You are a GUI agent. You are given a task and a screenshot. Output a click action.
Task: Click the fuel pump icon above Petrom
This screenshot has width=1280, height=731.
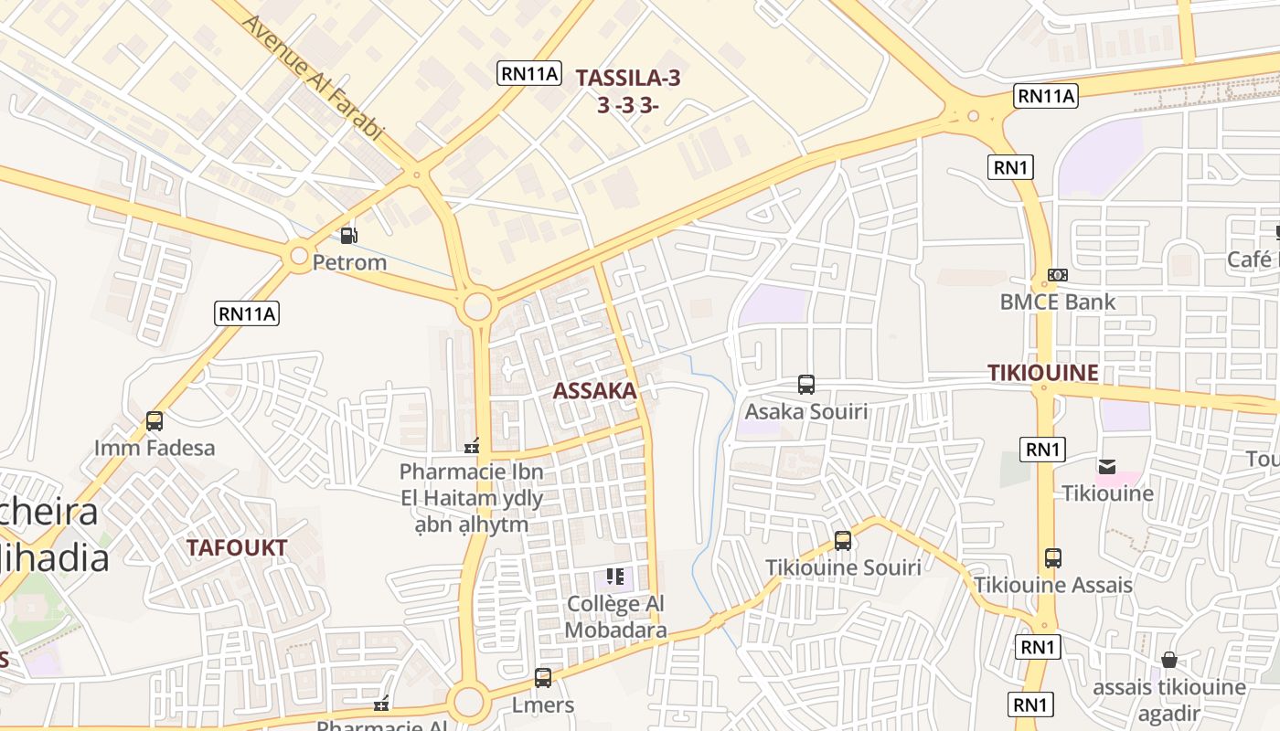348,236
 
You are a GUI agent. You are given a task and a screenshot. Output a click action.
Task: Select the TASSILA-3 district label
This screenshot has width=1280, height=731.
628,79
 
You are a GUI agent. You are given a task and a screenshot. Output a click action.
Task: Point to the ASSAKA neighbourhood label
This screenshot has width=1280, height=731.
594,391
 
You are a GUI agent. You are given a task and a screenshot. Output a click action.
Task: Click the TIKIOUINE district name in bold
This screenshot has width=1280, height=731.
1042,373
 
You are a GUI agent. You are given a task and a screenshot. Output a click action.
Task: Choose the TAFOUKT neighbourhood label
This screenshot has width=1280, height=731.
237,548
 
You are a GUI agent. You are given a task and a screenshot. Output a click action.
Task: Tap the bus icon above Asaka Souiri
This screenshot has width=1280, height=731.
805,385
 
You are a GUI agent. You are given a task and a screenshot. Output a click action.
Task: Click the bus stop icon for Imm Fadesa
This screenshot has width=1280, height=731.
155,421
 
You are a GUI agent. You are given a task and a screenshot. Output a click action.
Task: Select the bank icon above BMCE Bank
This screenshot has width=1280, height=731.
1057,275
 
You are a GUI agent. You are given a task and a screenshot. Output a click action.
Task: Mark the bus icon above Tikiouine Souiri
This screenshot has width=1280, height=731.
843,540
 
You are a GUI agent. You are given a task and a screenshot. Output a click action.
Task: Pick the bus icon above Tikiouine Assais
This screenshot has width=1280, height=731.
1053,557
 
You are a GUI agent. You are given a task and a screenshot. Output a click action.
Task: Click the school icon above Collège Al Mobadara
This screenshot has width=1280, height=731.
615,577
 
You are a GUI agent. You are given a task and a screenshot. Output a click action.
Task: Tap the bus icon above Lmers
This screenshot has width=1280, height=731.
543,678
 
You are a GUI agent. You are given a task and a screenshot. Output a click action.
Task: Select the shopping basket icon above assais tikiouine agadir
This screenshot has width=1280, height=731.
1168,660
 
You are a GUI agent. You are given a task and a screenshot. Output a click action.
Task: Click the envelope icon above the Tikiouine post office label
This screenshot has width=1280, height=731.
1107,467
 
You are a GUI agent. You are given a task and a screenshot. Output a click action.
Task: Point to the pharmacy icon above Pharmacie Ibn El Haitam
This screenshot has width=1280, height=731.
472,446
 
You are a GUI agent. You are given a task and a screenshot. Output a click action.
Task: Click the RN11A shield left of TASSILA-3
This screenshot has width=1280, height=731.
528,74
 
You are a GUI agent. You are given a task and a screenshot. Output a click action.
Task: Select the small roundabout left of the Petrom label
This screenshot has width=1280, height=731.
299,257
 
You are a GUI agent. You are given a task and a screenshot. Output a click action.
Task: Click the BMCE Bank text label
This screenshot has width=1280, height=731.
1057,302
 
